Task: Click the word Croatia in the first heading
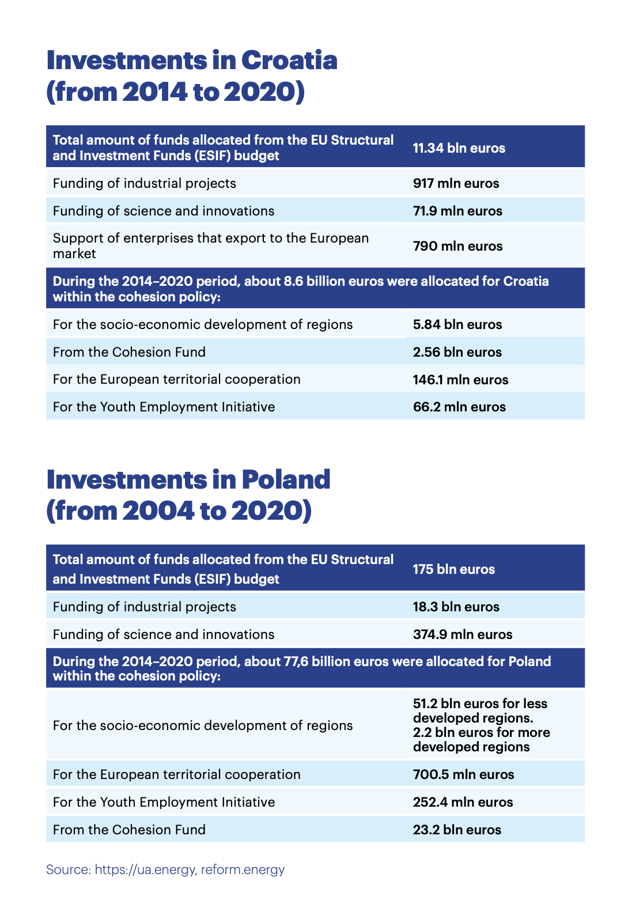click(289, 60)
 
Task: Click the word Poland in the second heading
click(286, 480)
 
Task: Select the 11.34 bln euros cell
click(459, 148)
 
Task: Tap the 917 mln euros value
click(456, 183)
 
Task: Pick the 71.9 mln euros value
click(457, 211)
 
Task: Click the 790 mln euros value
click(457, 246)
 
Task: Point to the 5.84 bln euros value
click(457, 324)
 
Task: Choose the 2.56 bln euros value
click(457, 352)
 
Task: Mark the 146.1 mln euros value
click(460, 380)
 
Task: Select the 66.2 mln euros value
click(459, 407)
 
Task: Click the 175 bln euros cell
click(453, 569)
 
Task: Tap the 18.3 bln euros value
click(456, 607)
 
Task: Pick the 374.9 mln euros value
click(463, 634)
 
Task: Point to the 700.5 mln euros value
click(463, 774)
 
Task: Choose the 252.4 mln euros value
click(463, 802)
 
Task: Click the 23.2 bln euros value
click(457, 830)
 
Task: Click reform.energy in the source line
click(243, 869)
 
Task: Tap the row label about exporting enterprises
click(210, 245)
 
